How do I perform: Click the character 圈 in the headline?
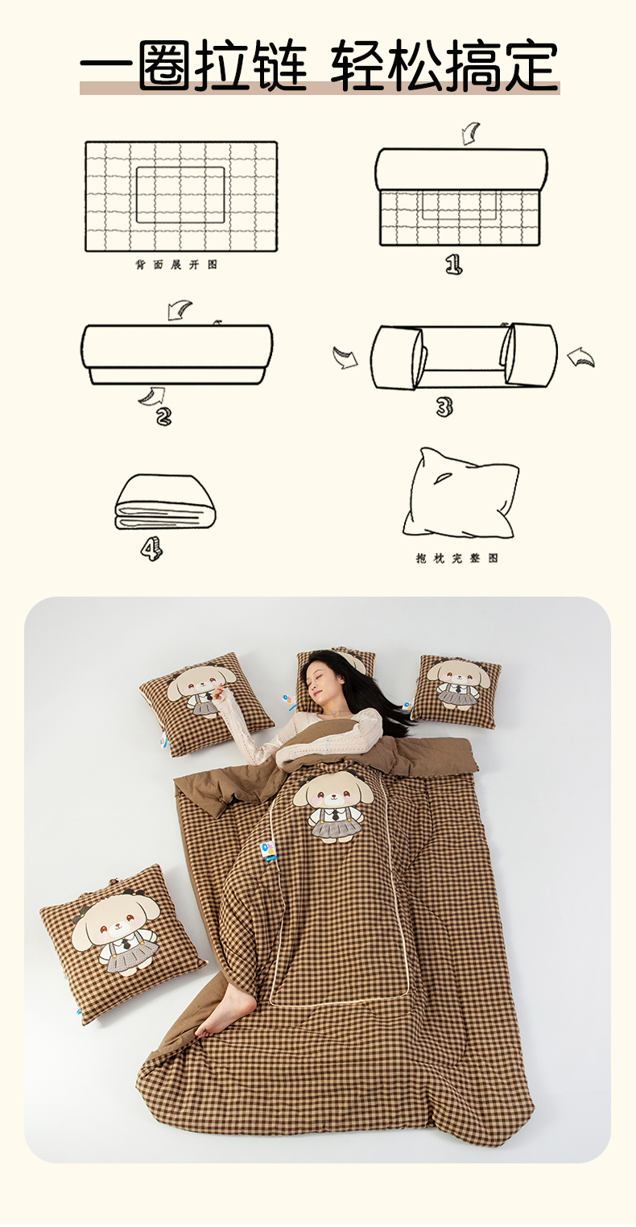[165, 64]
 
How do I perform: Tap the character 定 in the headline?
[531, 64]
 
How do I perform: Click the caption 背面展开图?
[177, 265]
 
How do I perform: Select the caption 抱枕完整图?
[456, 558]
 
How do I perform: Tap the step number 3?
[444, 407]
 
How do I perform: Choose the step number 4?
[151, 549]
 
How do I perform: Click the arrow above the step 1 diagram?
[470, 134]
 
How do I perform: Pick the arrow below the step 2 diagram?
[151, 396]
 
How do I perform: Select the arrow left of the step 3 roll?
[345, 357]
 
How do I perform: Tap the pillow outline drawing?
[460, 494]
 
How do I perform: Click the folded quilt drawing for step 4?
[165, 502]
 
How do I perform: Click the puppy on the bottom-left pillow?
[116, 936]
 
